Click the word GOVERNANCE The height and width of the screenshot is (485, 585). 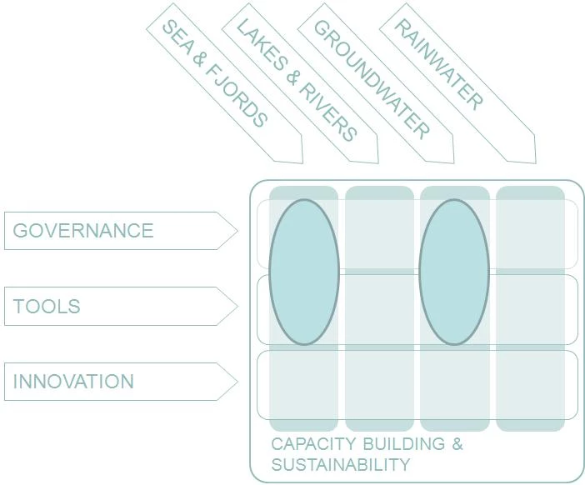point(83,231)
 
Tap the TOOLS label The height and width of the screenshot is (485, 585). point(47,306)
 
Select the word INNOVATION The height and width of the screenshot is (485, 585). point(73,382)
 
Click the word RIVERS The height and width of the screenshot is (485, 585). point(330,113)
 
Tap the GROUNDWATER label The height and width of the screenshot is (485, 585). point(372,78)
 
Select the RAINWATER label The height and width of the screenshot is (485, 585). point(438,66)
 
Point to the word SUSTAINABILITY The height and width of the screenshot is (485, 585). point(341,464)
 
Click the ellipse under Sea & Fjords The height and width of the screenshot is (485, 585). point(304,272)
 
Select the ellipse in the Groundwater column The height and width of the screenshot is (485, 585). point(454,272)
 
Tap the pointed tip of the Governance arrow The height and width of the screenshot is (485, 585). point(237,231)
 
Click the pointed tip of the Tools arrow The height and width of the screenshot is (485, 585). point(237,306)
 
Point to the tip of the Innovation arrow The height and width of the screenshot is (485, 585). point(237,382)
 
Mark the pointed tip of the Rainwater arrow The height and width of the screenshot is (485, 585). point(534,162)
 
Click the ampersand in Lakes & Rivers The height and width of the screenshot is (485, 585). point(293,78)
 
